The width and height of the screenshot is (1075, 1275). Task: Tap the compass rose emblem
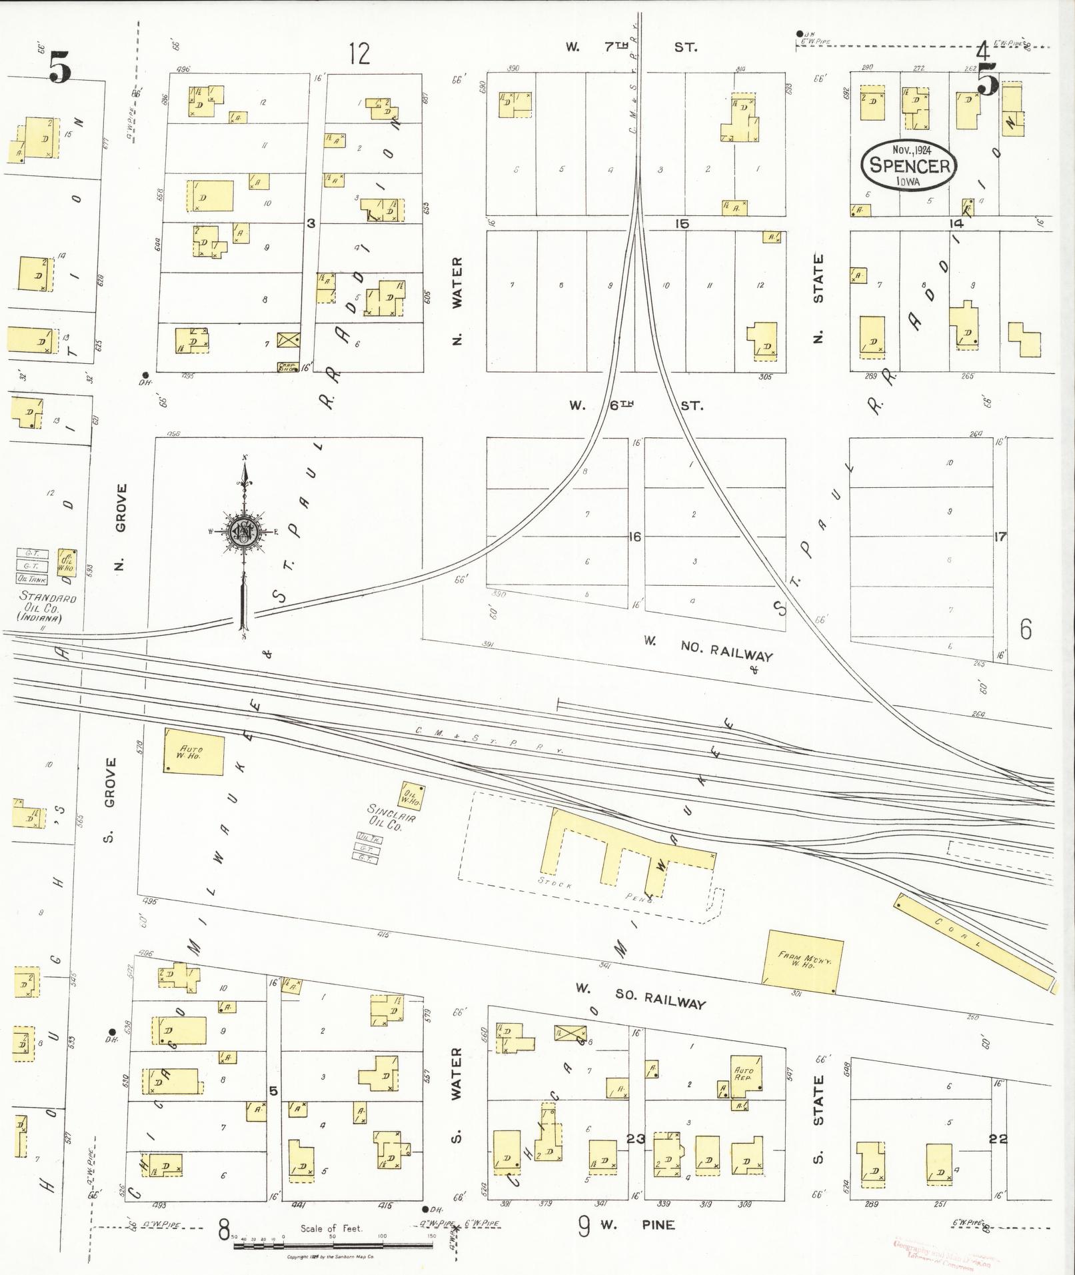coord(243,531)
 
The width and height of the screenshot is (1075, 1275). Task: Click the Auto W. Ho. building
coord(193,752)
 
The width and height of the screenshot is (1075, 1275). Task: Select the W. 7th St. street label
coord(630,47)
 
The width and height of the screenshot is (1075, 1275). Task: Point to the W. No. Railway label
coord(707,648)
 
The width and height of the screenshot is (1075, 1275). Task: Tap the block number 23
coord(635,1138)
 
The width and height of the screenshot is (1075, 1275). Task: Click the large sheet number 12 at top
coord(359,53)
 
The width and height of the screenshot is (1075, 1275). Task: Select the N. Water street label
coord(457,301)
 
